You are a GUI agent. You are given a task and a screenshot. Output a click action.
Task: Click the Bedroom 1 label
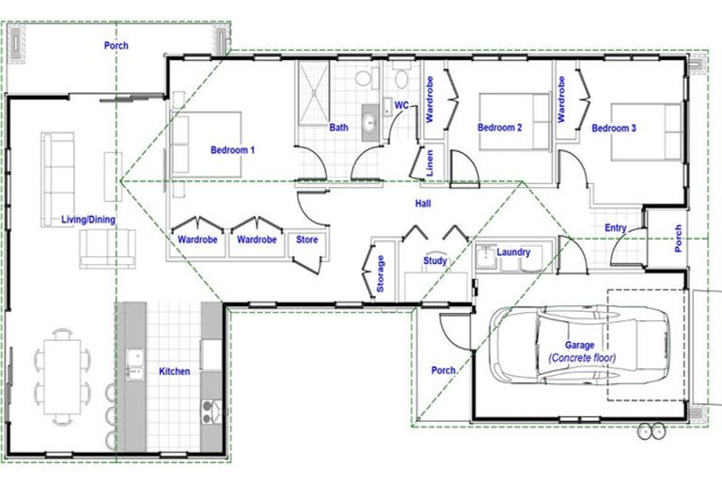[x=232, y=149]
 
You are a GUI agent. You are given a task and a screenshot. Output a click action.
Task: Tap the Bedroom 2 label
[x=499, y=128]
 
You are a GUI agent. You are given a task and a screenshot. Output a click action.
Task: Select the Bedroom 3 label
[x=614, y=128]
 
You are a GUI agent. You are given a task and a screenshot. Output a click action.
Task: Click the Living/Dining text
[x=88, y=220]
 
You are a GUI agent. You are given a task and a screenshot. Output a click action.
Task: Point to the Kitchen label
[x=174, y=372]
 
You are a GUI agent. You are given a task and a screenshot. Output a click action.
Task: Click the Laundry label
[x=513, y=253]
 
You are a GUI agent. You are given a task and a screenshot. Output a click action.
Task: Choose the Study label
[x=434, y=262]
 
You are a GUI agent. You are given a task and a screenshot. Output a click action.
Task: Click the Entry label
[x=616, y=228]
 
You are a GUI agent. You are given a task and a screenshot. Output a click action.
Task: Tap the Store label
[x=306, y=240]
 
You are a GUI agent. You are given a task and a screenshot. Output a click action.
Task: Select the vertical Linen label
[x=430, y=163]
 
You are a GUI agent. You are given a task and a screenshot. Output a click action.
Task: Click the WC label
[x=400, y=106]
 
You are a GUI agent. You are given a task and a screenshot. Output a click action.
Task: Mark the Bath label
[x=339, y=128]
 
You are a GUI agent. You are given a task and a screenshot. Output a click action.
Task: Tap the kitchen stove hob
[x=209, y=411]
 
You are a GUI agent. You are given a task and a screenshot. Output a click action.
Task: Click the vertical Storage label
[x=380, y=274]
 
